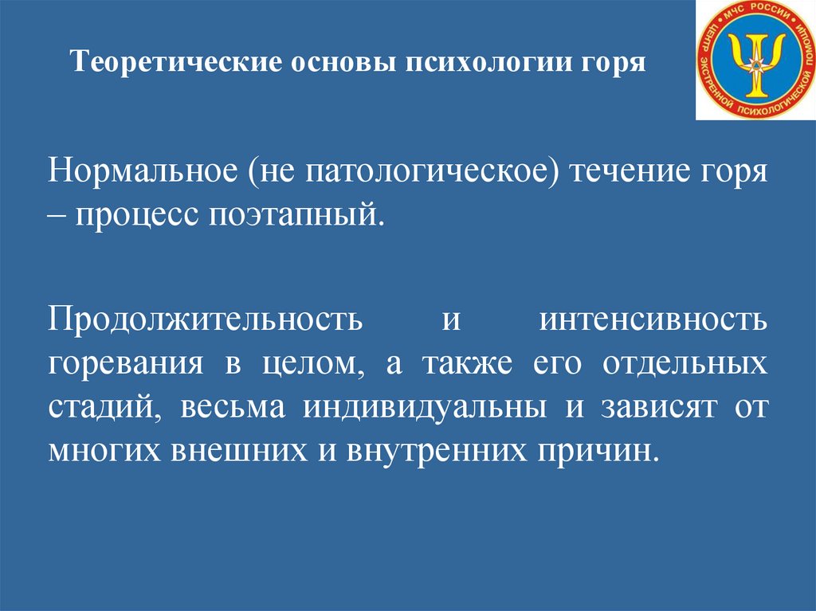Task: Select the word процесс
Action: coord(137,215)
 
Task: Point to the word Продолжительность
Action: coord(205,319)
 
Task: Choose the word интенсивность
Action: coord(653,319)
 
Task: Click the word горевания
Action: coord(126,365)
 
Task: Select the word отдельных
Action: coord(685,364)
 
